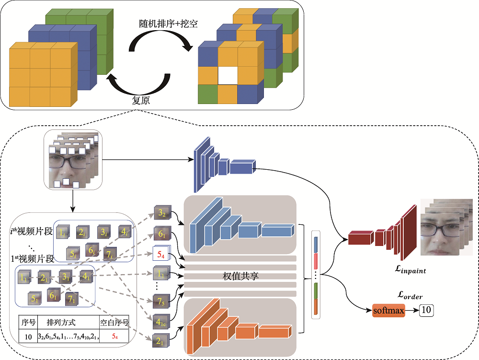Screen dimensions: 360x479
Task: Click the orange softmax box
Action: (388, 311)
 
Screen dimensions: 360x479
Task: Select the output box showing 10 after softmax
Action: (426, 311)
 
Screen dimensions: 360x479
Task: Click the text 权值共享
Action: (240, 276)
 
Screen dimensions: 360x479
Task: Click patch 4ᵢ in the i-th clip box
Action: (125, 232)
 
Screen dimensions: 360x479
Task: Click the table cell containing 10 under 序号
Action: (28, 337)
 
